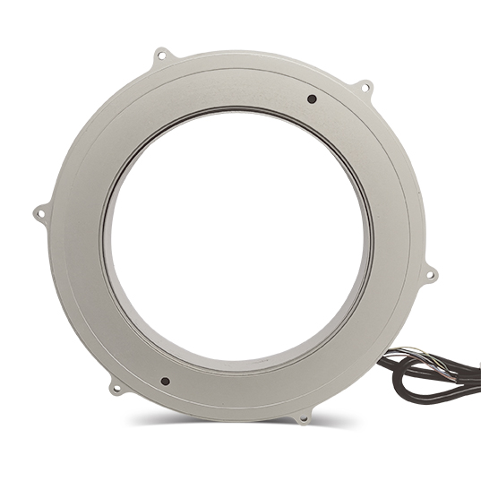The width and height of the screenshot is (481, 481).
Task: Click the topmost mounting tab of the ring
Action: click(161, 56)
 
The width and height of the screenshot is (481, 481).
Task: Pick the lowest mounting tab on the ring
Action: click(304, 416)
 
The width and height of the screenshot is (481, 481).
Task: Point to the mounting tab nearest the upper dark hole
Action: click(365, 88)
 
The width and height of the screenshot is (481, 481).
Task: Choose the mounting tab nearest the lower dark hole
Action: click(116, 387)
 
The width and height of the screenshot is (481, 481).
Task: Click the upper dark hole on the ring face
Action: click(312, 99)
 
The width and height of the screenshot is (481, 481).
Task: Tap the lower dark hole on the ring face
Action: click(165, 381)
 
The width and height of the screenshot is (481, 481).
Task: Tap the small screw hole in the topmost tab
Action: click(161, 56)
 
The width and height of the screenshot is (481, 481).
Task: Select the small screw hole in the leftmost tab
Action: click(39, 213)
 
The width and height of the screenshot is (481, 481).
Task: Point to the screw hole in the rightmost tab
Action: click(431, 274)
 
